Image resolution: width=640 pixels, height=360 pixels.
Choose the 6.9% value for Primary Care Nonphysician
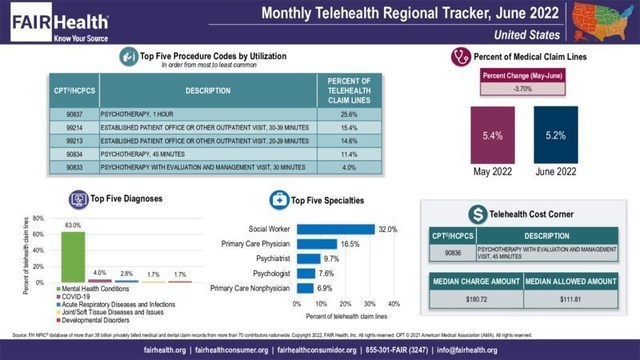pos(324,288)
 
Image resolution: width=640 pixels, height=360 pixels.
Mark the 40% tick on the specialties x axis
pos(393,301)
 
